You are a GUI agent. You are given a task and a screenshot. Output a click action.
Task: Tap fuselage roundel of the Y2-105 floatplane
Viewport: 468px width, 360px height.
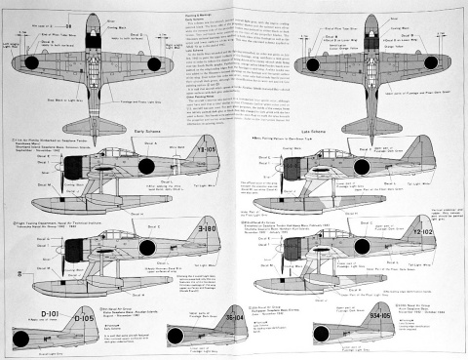click(145, 165)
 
